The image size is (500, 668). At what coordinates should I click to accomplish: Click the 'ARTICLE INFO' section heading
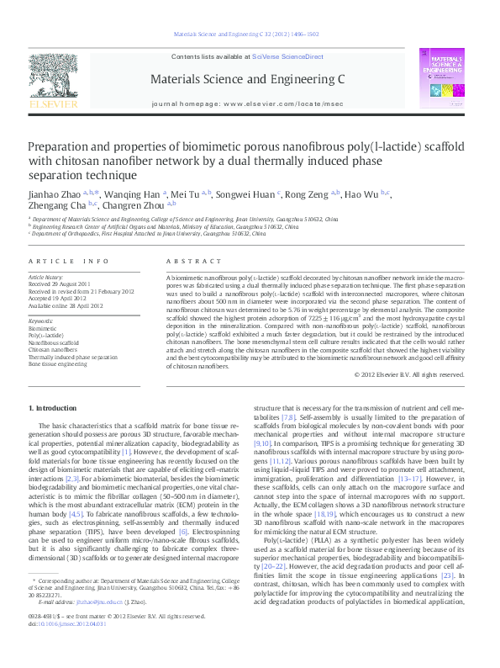[x=69, y=262]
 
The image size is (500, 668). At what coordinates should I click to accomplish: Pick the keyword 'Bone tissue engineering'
[x=64, y=365]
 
